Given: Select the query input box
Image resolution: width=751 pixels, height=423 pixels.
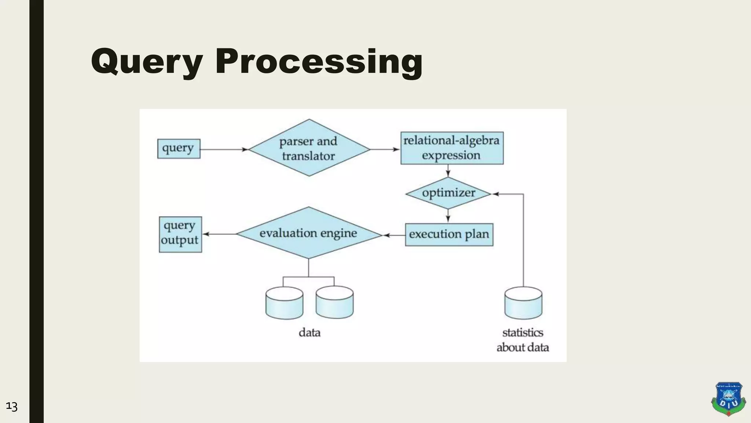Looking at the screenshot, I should tap(179, 149).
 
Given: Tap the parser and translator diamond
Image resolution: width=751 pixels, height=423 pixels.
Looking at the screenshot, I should tap(309, 148).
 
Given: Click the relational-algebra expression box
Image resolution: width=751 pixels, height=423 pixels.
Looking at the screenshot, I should tap(451, 148).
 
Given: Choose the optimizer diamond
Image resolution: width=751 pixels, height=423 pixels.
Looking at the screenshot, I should tap(448, 193).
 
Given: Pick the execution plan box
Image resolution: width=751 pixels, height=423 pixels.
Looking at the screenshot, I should tap(449, 234).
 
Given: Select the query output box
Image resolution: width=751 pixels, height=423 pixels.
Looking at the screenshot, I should tap(180, 234).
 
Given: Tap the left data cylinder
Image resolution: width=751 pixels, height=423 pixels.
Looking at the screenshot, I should tap(284, 303).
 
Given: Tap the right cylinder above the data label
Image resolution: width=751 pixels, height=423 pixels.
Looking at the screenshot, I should tap(334, 303).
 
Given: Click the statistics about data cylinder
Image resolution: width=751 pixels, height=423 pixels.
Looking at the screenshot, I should tap(523, 303).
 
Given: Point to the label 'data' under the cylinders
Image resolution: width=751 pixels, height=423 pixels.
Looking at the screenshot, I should tap(309, 333).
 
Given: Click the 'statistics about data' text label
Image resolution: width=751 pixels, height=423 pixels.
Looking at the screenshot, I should tap(523, 340).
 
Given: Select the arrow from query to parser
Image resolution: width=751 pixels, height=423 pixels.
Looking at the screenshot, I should tap(224, 149).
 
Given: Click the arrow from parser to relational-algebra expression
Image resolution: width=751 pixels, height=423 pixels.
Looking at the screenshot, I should tap(385, 149).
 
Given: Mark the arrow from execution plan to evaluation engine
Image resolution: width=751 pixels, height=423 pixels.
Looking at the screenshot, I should tap(394, 235).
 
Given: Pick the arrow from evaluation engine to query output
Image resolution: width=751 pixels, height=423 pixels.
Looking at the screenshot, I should tap(219, 234).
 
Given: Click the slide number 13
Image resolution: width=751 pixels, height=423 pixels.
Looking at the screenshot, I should tap(12, 407).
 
